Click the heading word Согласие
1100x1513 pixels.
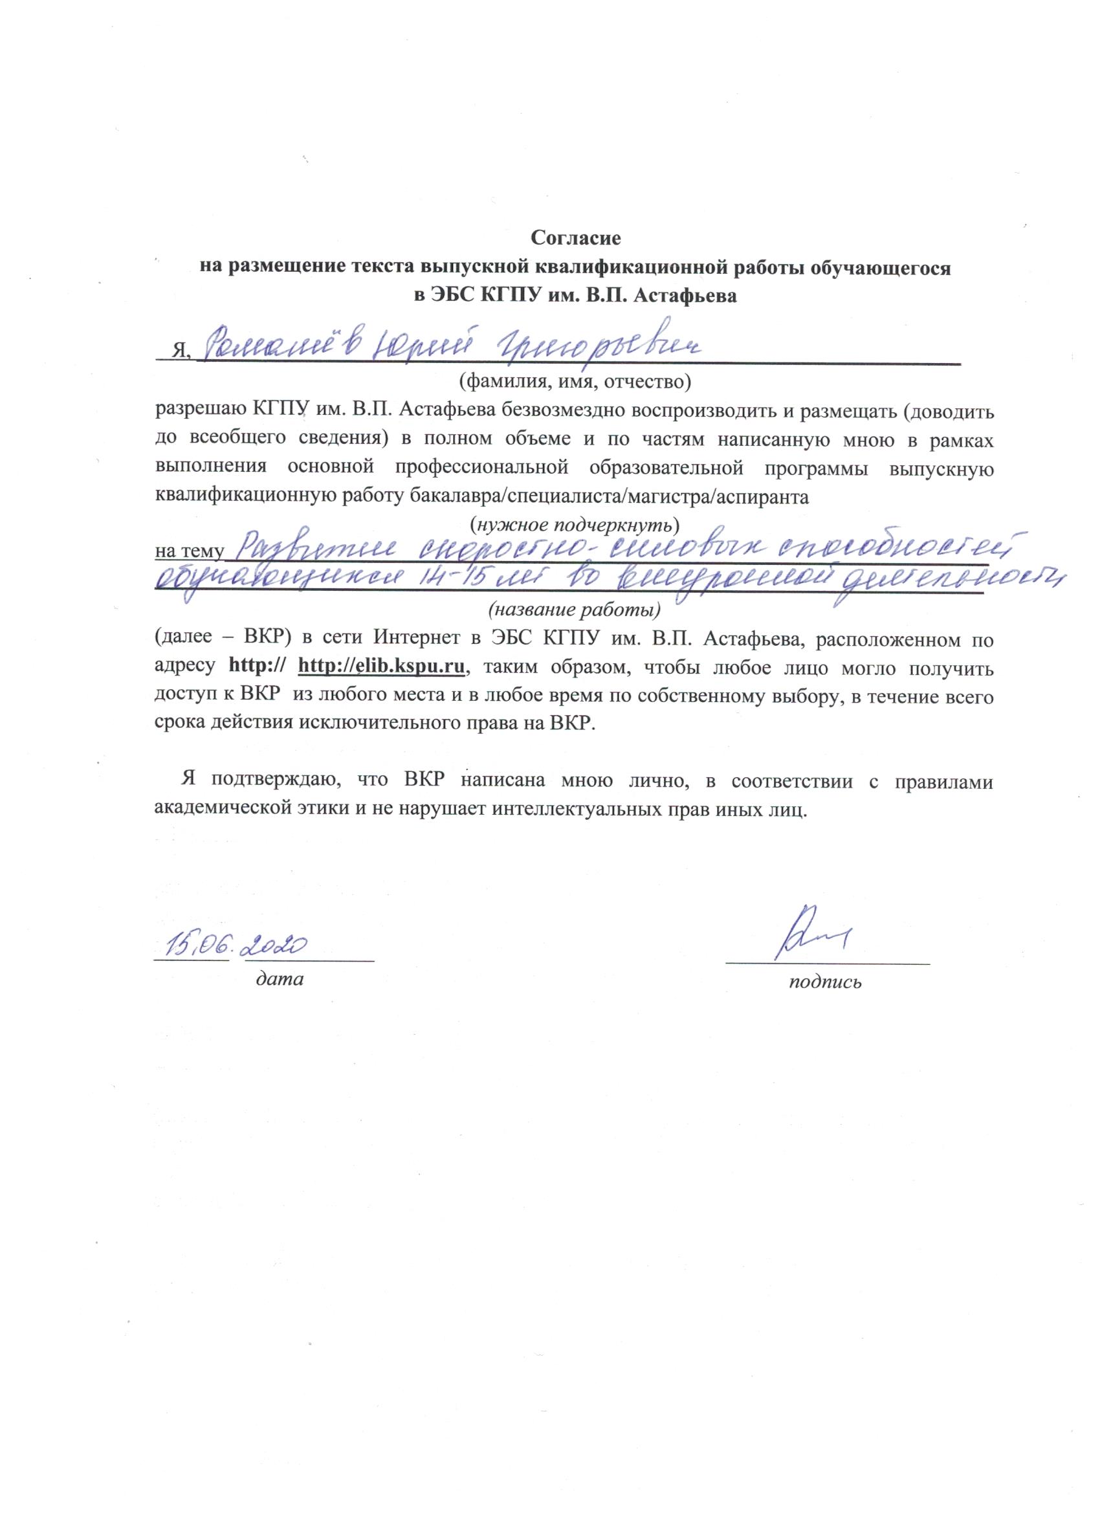(577, 237)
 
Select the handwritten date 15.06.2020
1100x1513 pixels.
(238, 945)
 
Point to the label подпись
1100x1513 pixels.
(825, 981)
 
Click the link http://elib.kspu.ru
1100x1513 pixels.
(382, 667)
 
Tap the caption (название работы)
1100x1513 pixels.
(575, 610)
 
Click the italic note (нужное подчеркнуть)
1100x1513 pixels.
(575, 522)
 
